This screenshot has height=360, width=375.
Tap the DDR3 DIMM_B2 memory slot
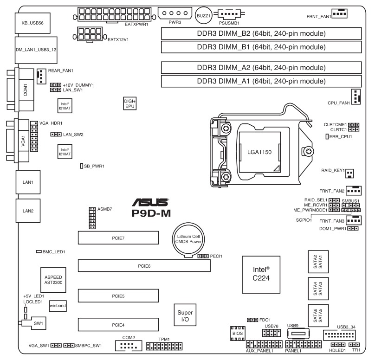point(261,34)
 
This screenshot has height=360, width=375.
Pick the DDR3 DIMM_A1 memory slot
point(261,82)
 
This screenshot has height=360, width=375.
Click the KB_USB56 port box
point(32,22)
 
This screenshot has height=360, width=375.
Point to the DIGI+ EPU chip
point(129,103)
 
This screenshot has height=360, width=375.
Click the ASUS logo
point(150,203)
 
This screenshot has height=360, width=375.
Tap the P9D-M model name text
point(150,214)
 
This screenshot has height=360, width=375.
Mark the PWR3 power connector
point(175,13)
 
